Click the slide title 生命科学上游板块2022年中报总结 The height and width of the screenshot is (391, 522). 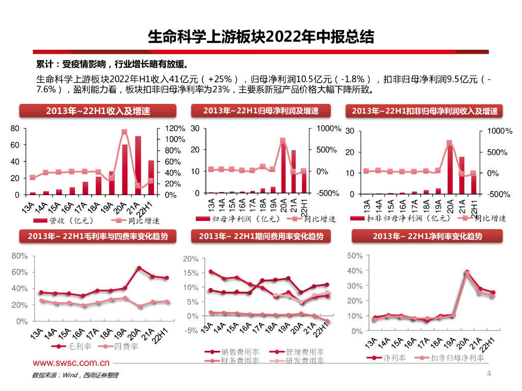(260, 37)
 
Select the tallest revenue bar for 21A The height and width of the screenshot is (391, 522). (138, 165)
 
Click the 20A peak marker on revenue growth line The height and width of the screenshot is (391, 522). (124, 132)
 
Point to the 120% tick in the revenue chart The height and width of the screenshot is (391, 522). (174, 128)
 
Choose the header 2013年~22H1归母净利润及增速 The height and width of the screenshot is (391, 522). (260, 111)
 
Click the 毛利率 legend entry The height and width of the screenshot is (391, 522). (75, 347)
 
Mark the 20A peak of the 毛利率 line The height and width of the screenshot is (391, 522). (139, 268)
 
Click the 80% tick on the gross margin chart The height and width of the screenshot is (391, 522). (19, 256)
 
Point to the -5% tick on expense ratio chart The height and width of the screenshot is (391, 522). (191, 330)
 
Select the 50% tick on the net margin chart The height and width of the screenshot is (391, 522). (355, 255)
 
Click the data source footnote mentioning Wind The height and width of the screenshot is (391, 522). (75, 375)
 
